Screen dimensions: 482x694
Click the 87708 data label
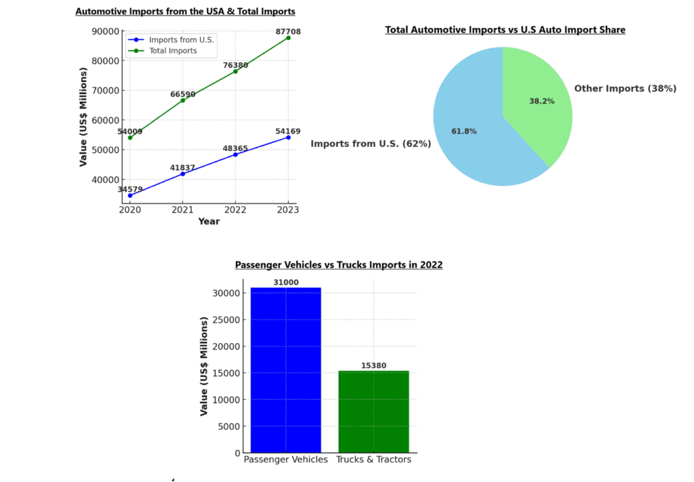(x=288, y=31)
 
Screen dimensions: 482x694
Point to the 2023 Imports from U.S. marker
(x=288, y=138)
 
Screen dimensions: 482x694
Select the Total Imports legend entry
(x=173, y=51)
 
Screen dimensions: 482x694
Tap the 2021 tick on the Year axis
(x=182, y=209)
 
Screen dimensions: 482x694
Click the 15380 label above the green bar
(x=373, y=365)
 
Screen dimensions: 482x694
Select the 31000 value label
(x=285, y=283)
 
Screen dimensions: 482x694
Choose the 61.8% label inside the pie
(x=464, y=131)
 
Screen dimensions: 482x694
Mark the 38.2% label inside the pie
(x=542, y=101)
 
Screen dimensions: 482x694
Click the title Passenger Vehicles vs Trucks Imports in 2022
(x=339, y=265)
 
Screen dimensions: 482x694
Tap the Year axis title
(x=209, y=222)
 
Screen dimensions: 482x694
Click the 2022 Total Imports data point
(x=235, y=71)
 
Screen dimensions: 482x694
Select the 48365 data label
(x=236, y=147)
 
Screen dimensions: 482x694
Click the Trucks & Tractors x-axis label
(x=373, y=460)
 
